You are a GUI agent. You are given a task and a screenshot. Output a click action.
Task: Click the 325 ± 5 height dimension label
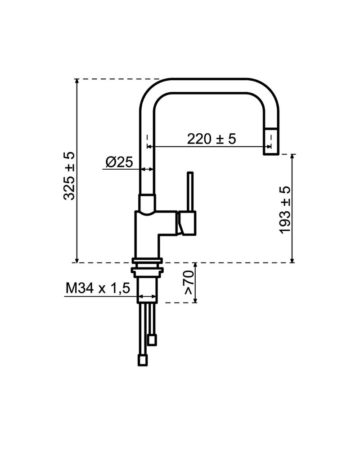(x=69, y=176)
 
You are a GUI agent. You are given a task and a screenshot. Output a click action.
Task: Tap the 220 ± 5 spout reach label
(x=211, y=139)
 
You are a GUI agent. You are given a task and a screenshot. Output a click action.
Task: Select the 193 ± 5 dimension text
(x=285, y=210)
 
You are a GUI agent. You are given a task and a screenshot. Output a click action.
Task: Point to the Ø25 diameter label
(x=119, y=162)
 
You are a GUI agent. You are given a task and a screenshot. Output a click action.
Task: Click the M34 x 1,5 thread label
(x=98, y=289)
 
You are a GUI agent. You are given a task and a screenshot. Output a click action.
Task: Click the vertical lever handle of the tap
(x=190, y=191)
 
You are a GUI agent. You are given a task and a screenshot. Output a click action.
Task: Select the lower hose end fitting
(x=143, y=360)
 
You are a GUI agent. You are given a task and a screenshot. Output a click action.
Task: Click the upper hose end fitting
(x=152, y=340)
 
